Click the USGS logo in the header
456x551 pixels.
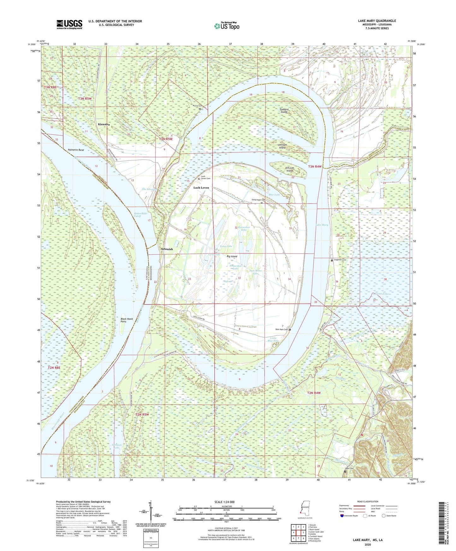point(69,24)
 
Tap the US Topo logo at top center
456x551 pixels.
point(227,26)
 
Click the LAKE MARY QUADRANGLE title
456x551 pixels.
point(377,21)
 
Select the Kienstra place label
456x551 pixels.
point(104,125)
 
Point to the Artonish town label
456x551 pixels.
point(167,249)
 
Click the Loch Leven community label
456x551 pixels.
point(201,188)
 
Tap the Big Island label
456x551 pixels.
point(232,257)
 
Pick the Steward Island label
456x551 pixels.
point(284,111)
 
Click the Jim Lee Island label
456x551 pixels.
point(289,169)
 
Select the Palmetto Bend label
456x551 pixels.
point(76,150)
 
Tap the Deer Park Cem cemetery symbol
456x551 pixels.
point(290,329)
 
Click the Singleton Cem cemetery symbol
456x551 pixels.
point(332,260)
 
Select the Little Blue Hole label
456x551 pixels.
point(273,339)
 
